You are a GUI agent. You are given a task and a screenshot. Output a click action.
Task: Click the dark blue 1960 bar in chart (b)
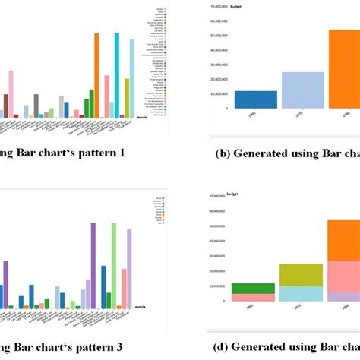(235, 99)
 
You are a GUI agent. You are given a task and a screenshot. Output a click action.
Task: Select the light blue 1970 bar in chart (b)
(281, 90)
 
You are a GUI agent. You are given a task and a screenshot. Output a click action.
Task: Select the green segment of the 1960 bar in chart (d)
(243, 288)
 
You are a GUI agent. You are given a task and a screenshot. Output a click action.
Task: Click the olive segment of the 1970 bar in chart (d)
(291, 275)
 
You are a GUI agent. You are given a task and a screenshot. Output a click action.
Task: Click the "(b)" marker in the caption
(223, 153)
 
